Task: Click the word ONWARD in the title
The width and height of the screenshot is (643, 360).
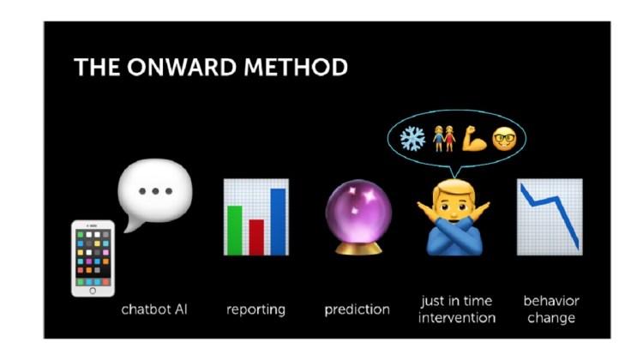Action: coord(182,67)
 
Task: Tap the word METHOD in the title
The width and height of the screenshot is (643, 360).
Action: coord(296,67)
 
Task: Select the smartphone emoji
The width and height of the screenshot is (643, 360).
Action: coord(93,258)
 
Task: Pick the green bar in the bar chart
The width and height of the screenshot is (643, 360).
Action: coord(235,231)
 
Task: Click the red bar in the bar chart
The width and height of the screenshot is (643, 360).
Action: coord(256,237)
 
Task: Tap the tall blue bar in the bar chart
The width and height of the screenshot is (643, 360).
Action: coord(278,222)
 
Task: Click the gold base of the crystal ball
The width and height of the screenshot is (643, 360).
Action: coord(358,249)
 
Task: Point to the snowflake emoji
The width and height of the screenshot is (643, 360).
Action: coord(412,139)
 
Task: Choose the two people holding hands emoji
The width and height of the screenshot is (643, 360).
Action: coord(444,139)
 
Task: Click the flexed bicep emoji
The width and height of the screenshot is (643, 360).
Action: coord(474,139)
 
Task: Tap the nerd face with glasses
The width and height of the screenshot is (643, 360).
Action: coord(504,139)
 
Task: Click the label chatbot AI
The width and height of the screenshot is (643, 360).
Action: coord(154,309)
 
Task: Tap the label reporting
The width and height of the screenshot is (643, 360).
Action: coord(255,310)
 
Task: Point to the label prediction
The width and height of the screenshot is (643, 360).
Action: coord(358,309)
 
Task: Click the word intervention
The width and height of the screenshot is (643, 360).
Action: coord(457,318)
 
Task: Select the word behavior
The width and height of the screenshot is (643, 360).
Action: coord(551,301)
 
